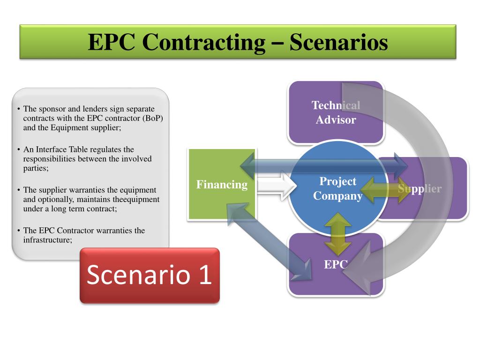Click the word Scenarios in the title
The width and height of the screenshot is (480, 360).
click(338, 42)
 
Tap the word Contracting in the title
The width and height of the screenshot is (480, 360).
click(204, 42)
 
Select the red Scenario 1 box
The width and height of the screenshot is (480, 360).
click(150, 275)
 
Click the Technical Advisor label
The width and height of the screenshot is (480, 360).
click(336, 112)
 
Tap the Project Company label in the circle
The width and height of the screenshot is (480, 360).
click(337, 188)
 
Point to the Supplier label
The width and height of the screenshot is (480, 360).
click(420, 189)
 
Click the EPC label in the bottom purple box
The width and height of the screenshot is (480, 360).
click(335, 265)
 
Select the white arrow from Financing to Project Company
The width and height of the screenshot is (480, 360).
click(277, 186)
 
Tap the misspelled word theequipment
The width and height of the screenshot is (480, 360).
click(136, 199)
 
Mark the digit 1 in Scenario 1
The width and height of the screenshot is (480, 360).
click(204, 275)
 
